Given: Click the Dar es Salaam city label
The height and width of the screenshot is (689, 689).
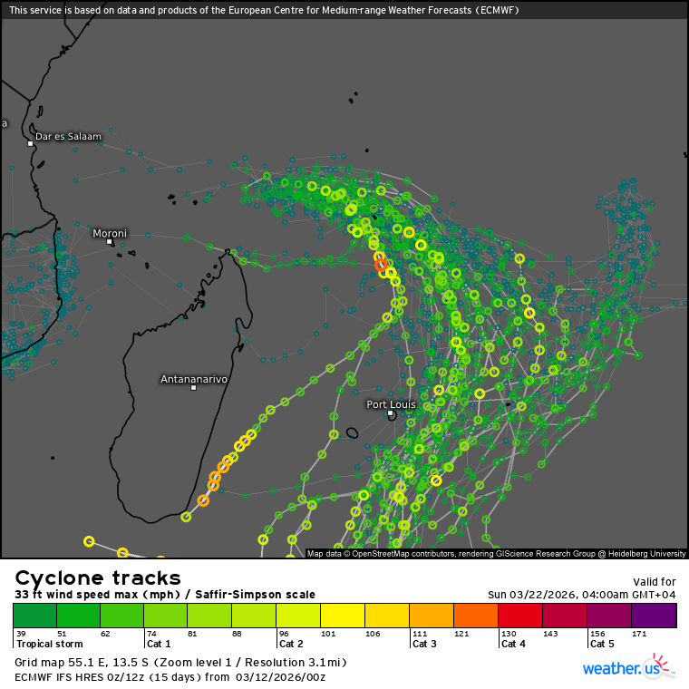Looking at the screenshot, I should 68,136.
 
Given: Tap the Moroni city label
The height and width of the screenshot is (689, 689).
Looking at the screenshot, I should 110,233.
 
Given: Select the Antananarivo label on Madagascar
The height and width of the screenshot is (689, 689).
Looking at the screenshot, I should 193,378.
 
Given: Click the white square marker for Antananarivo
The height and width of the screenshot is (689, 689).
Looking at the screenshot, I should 193,388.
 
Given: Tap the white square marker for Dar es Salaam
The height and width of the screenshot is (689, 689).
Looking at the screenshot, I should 30,143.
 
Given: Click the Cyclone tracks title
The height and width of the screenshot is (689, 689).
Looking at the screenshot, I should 98,578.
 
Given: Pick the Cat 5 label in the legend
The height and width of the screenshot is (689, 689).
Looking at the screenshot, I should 603,644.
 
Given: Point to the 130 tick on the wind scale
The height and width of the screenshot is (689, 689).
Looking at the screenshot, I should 508,633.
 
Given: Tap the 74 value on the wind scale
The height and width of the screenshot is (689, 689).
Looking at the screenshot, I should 150,633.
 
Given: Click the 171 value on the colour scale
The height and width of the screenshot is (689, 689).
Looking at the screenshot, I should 641,633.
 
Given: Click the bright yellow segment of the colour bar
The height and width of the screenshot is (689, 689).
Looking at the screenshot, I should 343,616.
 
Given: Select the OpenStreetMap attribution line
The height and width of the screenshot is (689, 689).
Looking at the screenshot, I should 497,553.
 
